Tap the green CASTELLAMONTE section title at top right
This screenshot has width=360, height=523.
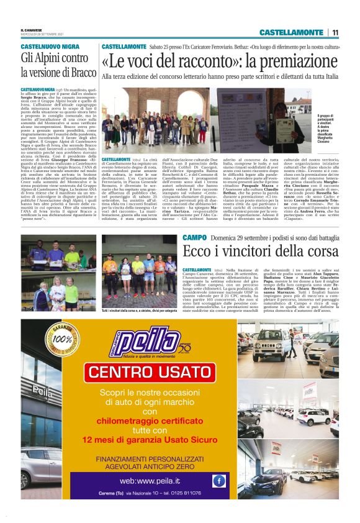pos(291,32)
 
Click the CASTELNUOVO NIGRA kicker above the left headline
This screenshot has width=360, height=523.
pos(50,47)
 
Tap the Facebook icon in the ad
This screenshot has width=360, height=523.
pos(218,480)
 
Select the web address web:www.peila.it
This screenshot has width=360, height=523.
pos(154,480)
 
